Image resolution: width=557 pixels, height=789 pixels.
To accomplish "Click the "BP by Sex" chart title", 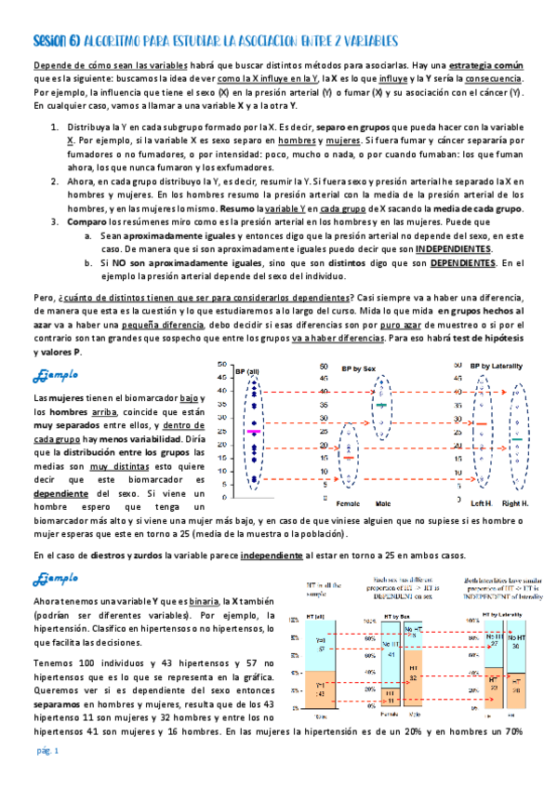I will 353,368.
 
